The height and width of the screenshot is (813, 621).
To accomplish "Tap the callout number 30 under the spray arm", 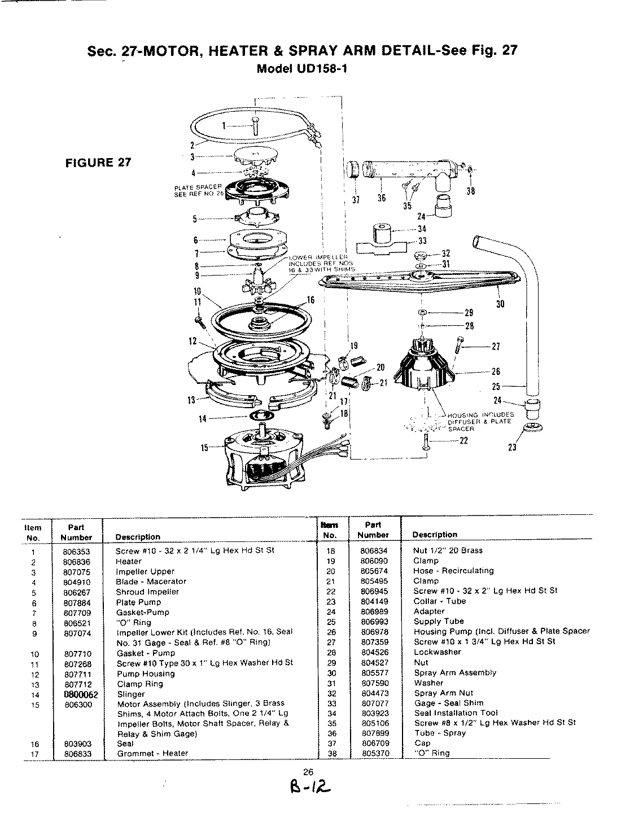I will tap(500, 304).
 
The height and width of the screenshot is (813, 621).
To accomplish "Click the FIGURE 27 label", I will tap(99, 163).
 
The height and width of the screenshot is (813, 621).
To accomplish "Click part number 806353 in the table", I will tap(76, 551).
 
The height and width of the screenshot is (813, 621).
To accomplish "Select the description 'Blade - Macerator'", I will tap(151, 582).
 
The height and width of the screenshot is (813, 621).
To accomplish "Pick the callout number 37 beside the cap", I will tap(355, 199).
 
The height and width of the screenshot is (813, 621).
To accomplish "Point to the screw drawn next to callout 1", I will tap(256, 126).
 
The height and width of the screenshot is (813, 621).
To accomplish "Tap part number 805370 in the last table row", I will tap(374, 753).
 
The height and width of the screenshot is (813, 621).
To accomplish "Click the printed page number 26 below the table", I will tap(308, 772).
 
